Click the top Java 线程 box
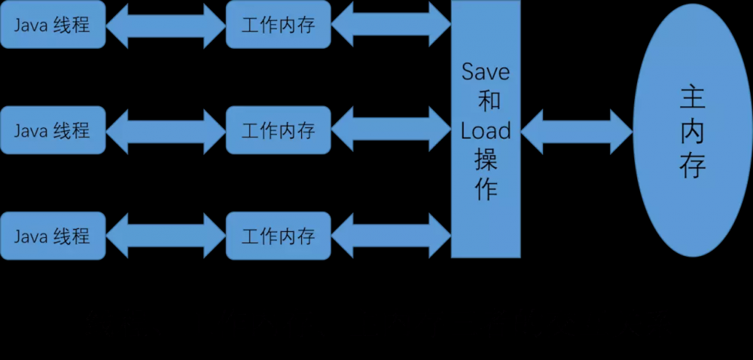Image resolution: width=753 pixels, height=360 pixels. tap(52, 25)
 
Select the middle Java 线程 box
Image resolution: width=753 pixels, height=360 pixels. tap(52, 130)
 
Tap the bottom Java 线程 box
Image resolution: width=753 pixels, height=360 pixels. tap(52, 236)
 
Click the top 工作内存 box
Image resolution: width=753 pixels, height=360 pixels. tap(278, 25)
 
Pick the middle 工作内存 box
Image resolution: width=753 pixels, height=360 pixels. tap(278, 130)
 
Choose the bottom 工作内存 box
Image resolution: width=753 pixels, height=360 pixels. tap(278, 236)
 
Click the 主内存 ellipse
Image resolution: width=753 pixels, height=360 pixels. tap(692, 132)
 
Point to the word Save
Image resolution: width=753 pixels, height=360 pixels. tap(486, 72)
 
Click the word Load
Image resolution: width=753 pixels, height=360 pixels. tap(486, 131)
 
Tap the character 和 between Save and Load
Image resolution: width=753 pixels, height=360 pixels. tap(486, 101)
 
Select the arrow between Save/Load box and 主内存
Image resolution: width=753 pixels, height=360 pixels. tap(576, 131)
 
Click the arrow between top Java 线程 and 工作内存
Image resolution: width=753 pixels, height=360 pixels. tap(166, 25)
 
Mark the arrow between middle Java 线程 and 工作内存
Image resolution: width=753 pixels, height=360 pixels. tap(166, 130)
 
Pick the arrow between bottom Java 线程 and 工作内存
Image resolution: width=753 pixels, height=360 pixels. tap(166, 236)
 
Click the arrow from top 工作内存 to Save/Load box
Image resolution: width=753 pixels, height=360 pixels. tap(391, 25)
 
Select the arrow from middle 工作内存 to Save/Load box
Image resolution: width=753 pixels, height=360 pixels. tap(391, 130)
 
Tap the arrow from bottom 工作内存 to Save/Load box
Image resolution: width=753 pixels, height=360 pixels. tap(391, 236)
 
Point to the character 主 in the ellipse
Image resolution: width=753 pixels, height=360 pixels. tap(692, 99)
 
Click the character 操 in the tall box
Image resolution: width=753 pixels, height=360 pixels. tap(486, 160)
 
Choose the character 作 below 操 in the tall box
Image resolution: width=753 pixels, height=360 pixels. tap(486, 190)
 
